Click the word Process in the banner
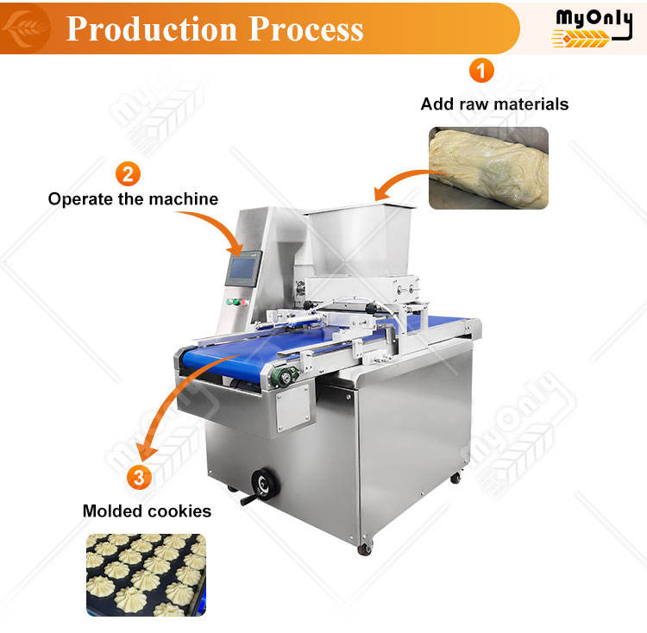[x=306, y=28]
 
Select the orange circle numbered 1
[x=481, y=71]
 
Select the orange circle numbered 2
[x=127, y=174]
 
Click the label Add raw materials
[x=494, y=104]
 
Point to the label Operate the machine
[x=133, y=199]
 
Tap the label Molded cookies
[x=147, y=511]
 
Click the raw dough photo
[x=488, y=168]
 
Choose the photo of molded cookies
[x=147, y=573]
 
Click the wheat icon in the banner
[x=23, y=28]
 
